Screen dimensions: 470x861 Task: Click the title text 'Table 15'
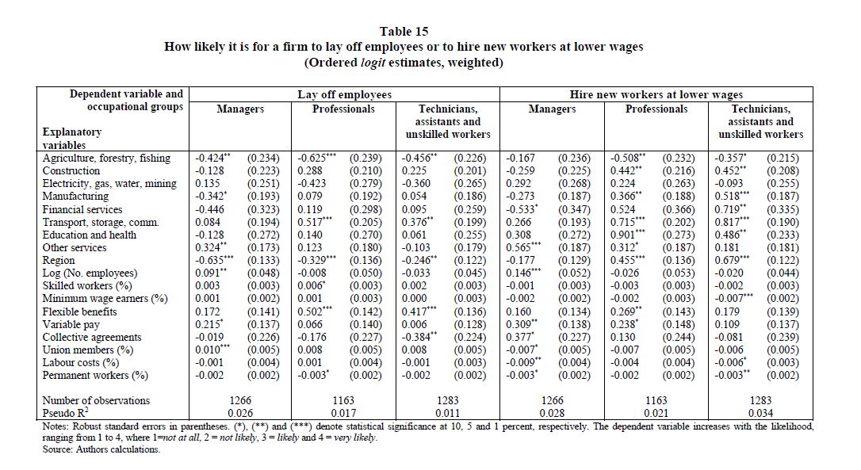(x=404, y=32)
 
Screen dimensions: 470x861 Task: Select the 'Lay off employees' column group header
(x=344, y=95)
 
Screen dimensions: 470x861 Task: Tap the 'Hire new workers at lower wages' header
(x=656, y=95)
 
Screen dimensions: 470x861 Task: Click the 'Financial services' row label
(x=82, y=210)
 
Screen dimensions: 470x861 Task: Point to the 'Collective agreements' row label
(x=92, y=337)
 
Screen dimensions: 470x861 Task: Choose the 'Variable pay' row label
(x=71, y=324)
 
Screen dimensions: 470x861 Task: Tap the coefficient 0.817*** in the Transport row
(x=732, y=223)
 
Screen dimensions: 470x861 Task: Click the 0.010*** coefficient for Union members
(x=212, y=350)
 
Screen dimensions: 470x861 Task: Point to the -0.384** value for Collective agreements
(x=419, y=337)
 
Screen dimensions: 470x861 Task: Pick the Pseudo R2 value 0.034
(x=760, y=413)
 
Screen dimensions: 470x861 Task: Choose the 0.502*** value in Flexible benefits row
(x=314, y=311)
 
